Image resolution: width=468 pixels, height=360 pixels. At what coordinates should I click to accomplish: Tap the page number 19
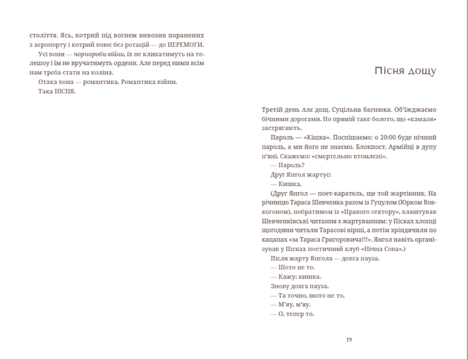click(x=349, y=340)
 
